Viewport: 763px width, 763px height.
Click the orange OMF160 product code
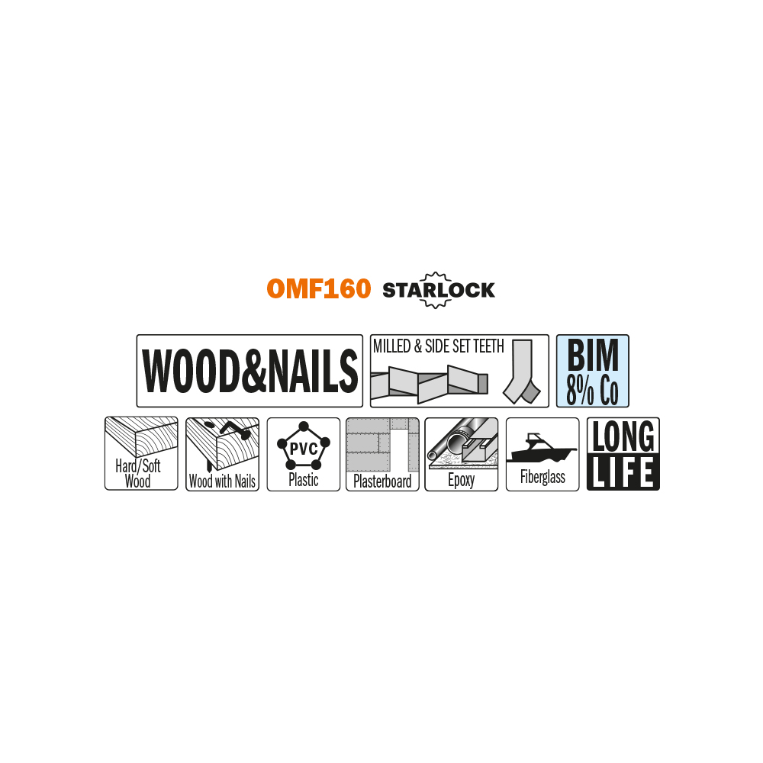(319, 288)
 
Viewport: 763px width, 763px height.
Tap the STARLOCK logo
(439, 290)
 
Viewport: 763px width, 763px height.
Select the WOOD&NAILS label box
(250, 371)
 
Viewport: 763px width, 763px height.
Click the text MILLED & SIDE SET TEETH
(439, 346)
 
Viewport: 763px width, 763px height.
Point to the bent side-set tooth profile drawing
(522, 372)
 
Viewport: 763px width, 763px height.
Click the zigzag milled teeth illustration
(429, 385)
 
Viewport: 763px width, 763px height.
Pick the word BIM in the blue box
(593, 356)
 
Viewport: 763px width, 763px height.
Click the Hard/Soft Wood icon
(141, 453)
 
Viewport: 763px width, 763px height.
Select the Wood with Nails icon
(222, 454)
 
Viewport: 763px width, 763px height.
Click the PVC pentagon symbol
(304, 446)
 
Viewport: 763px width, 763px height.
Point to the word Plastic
(303, 480)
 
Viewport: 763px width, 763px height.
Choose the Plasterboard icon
(382, 454)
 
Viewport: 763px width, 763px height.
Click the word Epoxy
(461, 480)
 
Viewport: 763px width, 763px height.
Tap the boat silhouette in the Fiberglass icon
(542, 447)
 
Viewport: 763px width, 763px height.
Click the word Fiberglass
(542, 477)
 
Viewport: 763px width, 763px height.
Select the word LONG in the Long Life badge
(623, 436)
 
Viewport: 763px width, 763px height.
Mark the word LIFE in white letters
(623, 472)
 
